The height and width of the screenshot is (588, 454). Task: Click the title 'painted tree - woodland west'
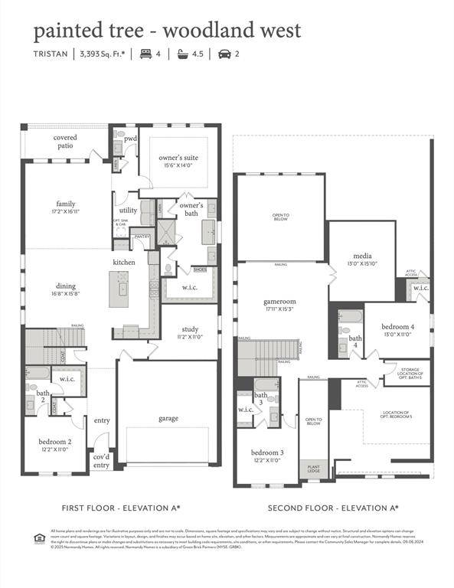(166, 31)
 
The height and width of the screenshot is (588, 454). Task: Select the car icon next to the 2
(224, 54)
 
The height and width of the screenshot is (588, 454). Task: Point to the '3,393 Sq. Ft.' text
(103, 54)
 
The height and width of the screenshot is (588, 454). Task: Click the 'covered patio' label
(65, 142)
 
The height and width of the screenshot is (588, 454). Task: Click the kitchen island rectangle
(119, 289)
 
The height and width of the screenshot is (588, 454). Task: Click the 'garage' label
(168, 418)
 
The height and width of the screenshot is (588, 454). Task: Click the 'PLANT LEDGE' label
(313, 467)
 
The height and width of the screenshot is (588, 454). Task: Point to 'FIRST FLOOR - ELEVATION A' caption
(121, 508)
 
